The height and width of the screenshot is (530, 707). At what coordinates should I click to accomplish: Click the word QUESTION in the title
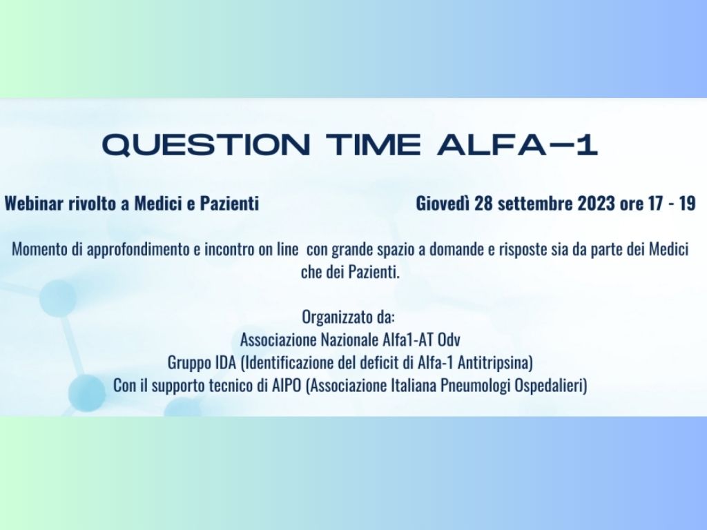coord(206,145)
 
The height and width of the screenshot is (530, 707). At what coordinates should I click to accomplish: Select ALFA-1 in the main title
coord(517,145)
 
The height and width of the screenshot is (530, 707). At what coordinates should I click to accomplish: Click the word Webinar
coord(35,204)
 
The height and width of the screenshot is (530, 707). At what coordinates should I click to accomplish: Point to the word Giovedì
coord(443,204)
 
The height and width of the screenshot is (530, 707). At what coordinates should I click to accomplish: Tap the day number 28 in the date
coord(483,204)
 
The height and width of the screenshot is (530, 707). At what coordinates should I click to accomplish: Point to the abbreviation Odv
coord(449,340)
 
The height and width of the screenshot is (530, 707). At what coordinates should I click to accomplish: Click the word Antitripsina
coord(495,363)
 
